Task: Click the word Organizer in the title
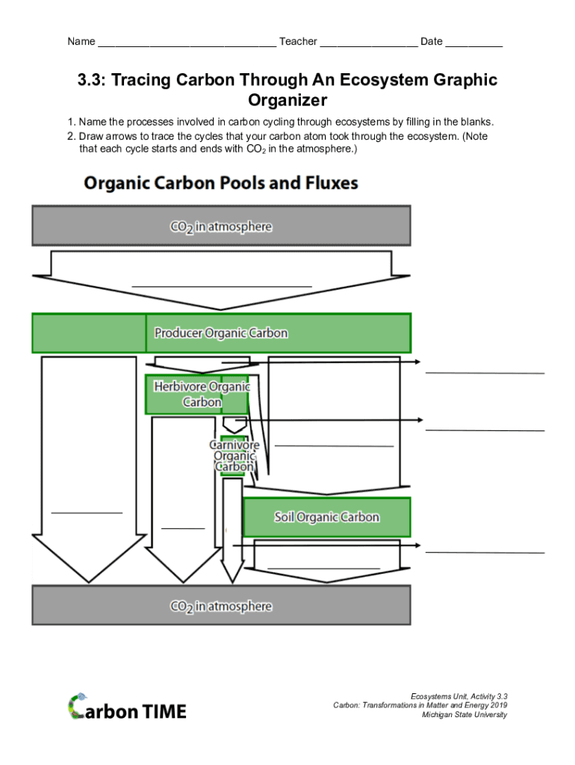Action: pos(287,100)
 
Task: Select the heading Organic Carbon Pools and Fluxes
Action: pos(221,183)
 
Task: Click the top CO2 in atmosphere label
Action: pos(221,226)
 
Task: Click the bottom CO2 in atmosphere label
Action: pos(221,606)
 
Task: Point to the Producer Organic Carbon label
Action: pos(221,333)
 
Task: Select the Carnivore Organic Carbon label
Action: pos(234,456)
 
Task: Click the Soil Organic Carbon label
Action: pos(326,517)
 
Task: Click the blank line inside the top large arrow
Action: pos(221,285)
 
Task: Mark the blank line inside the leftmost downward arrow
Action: pos(87,512)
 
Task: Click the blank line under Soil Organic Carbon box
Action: pos(323,569)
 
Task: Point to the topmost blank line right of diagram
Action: pos(485,372)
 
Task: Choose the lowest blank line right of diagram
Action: pos(485,552)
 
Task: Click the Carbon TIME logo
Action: pos(128,707)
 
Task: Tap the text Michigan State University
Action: pos(464,715)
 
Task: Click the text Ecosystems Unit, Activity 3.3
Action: pos(459,696)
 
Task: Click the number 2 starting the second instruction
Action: pos(70,137)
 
